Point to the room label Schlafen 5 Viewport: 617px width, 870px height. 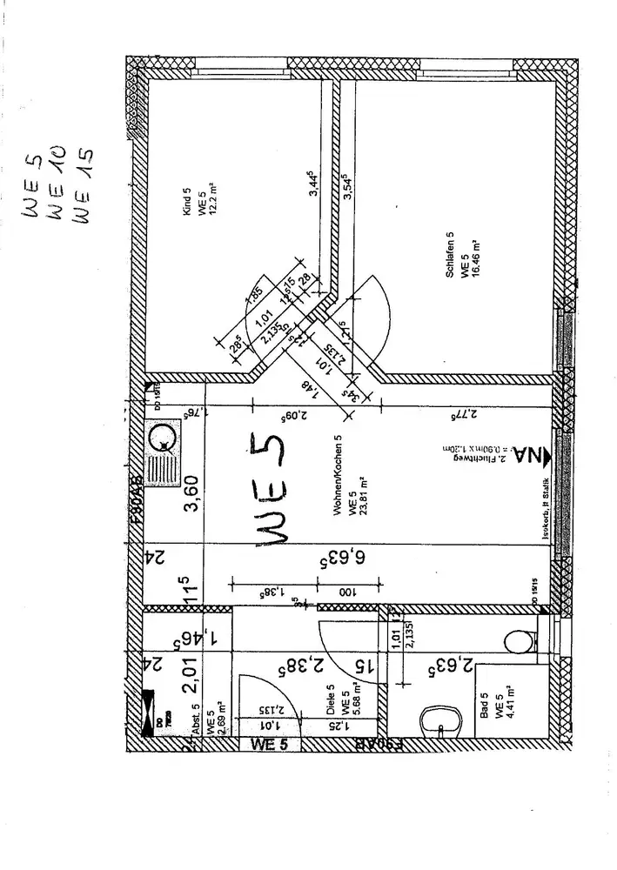[450, 254]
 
